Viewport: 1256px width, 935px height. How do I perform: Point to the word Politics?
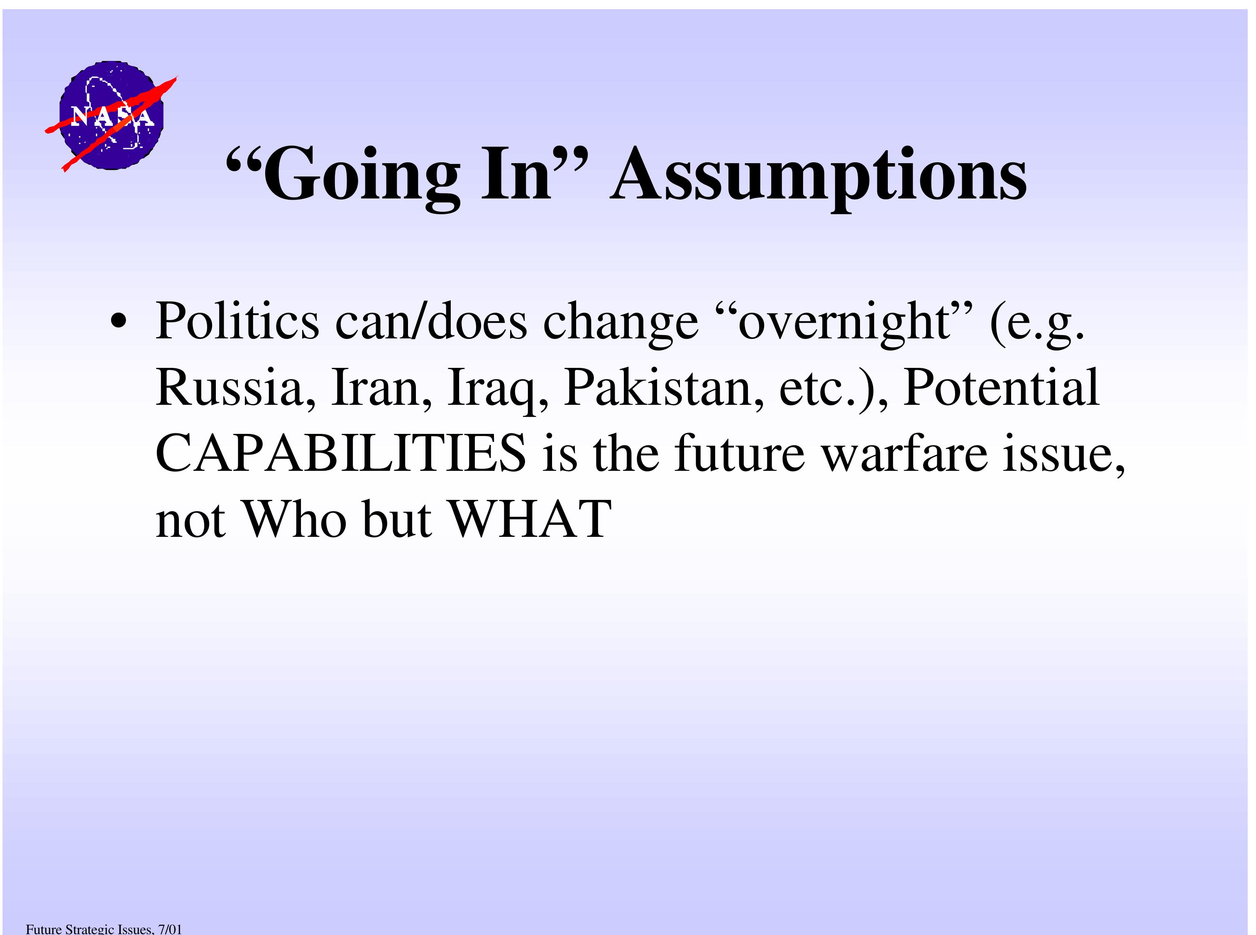point(237,321)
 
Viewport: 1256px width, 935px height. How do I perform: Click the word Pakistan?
point(664,388)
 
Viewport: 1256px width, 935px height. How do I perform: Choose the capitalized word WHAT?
point(530,519)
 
